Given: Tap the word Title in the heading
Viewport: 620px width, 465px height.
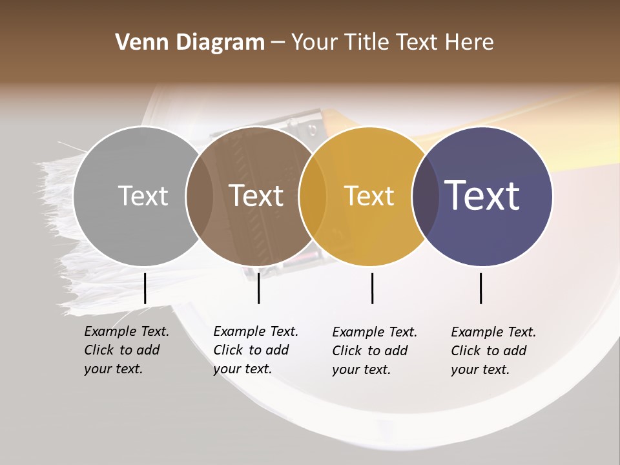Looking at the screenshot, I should pos(366,43).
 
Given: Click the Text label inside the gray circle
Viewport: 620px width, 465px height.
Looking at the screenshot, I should pos(143,196).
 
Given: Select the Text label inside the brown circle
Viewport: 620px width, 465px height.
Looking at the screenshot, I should pos(256,196).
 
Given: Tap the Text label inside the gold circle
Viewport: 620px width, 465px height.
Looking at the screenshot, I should pos(369,196).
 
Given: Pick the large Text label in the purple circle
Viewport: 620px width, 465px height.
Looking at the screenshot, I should pos(482,196).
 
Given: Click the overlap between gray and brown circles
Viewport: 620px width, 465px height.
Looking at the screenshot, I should pos(200,196).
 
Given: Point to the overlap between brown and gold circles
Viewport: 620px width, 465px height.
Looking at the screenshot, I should pos(313,196).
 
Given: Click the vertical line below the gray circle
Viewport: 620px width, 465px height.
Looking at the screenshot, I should pos(145,288).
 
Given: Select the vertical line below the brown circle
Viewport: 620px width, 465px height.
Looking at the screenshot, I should pos(258,288).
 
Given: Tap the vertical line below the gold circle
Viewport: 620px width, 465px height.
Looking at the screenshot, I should pos(373,288).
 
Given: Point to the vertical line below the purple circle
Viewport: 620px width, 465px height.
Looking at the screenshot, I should pos(481,288).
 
